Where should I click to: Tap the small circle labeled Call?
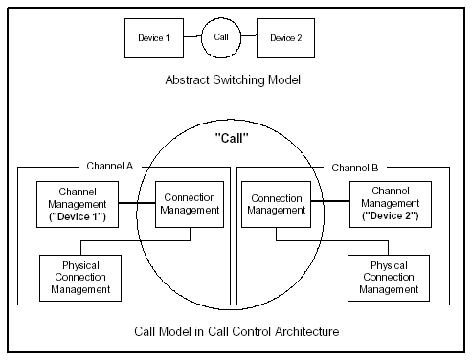coord(220,38)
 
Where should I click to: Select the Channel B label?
coord(354,167)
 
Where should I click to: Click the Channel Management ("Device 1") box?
coord(76,204)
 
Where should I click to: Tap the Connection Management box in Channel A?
coord(190,204)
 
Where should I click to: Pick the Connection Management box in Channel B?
coord(276,204)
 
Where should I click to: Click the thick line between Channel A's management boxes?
coord(136,203)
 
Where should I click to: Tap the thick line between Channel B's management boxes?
coord(329,203)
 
